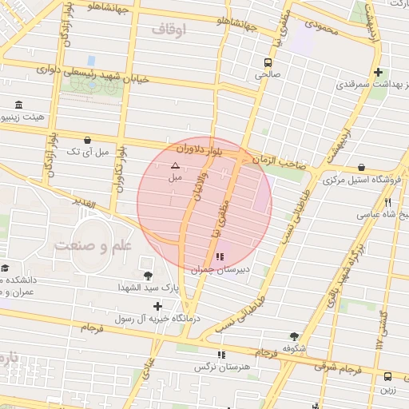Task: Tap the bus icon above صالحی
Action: click(268, 61)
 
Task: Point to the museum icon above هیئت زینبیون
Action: click(18, 105)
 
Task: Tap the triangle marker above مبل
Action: click(175, 165)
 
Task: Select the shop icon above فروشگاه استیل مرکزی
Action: click(363, 168)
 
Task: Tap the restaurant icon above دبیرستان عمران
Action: click(219, 257)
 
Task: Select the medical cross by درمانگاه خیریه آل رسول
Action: click(158, 306)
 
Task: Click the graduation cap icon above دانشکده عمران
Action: click(6, 268)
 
